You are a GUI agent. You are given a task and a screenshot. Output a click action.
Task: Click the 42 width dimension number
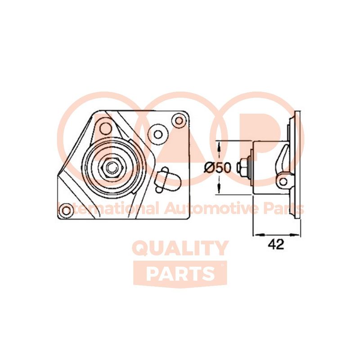[x=275, y=244]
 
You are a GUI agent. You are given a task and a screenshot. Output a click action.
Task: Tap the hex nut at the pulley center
[x=112, y=167]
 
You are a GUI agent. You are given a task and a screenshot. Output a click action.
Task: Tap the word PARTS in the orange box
[x=180, y=273]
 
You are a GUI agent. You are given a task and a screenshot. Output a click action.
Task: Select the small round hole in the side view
[x=283, y=181]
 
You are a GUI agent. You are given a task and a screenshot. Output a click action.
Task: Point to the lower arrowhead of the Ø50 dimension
[x=219, y=191]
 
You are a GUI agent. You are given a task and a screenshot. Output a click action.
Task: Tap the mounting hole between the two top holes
[x=158, y=133]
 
